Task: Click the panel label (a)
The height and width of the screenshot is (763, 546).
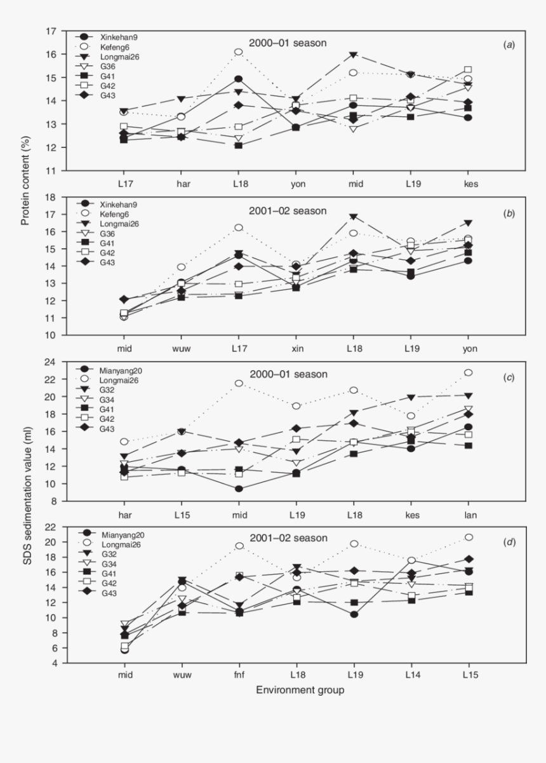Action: pos(509,44)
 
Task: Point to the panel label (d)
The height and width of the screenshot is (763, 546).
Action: pos(509,542)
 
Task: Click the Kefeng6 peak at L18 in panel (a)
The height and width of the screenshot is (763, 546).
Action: pos(238,52)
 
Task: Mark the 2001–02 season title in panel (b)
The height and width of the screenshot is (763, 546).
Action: pos(288,211)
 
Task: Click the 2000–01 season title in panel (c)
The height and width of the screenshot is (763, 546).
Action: pos(288,374)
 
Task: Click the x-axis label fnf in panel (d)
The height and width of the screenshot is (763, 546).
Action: pos(238,674)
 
